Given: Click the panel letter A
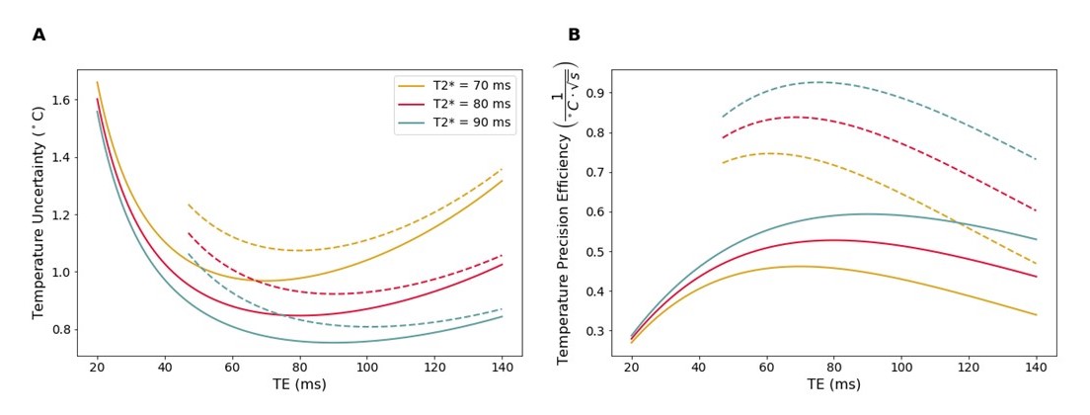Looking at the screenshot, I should tap(39, 36).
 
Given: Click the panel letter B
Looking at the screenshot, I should tap(574, 36).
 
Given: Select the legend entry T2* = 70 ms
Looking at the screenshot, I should tap(472, 86).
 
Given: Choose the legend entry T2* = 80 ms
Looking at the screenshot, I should tap(472, 104).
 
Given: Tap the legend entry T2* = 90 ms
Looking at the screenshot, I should tap(472, 123).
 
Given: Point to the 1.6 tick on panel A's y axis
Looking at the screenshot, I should tap(59, 101).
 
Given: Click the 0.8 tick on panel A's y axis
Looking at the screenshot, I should tap(59, 329).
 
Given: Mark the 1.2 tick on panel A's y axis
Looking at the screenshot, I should tap(59, 215).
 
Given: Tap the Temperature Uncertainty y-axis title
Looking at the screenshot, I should tap(39, 212).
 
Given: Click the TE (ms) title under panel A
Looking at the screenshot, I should tap(299, 384).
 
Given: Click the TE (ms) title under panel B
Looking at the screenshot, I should tap(833, 384).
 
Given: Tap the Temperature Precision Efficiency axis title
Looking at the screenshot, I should tap(566, 212).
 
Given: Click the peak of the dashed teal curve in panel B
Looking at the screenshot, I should tap(818, 82).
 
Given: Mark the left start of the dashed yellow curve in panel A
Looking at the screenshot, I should tap(189, 205).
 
